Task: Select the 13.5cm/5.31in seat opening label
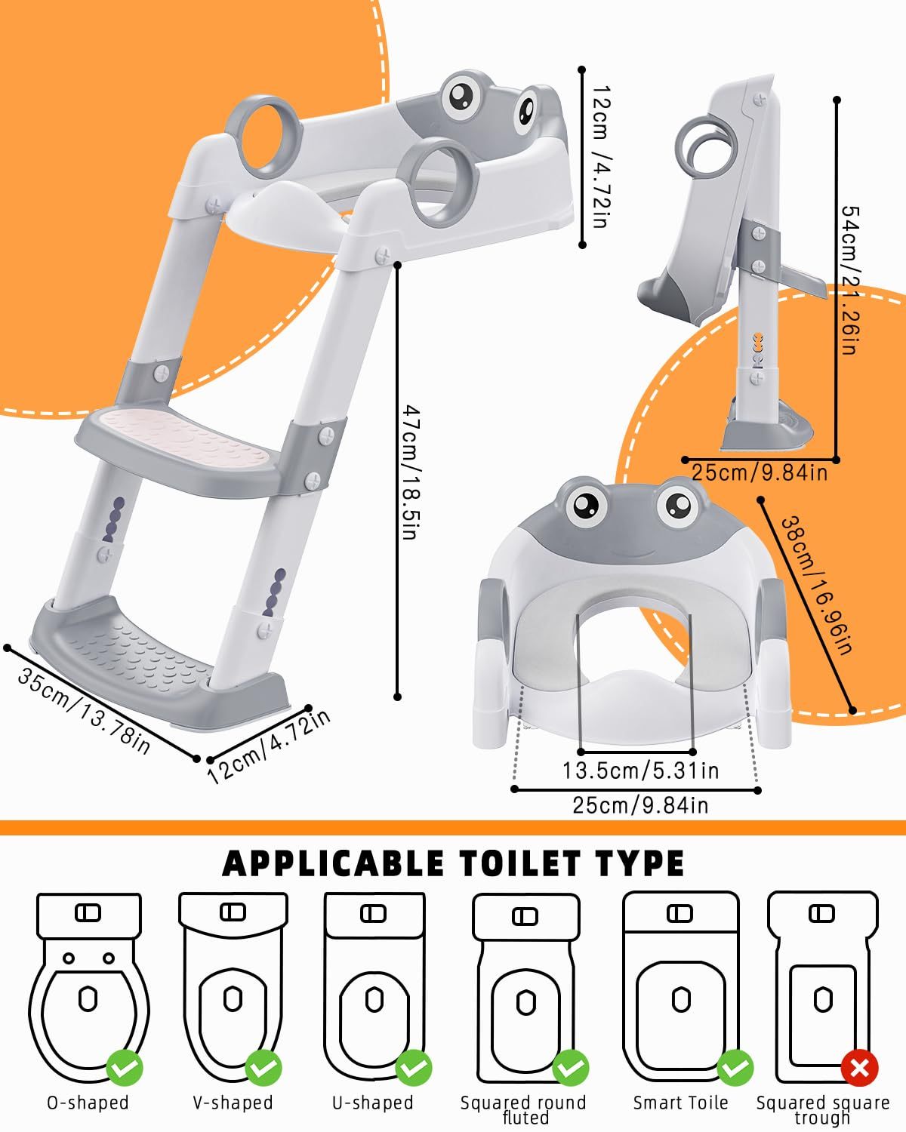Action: (x=640, y=771)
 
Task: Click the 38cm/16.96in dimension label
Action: (x=817, y=585)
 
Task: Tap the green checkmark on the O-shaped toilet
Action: (x=125, y=1068)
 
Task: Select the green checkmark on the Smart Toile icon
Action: (x=735, y=1068)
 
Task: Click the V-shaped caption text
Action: (x=233, y=1103)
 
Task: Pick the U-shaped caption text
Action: (x=373, y=1103)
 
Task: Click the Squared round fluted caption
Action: (x=523, y=1109)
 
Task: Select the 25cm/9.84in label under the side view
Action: (x=760, y=472)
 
